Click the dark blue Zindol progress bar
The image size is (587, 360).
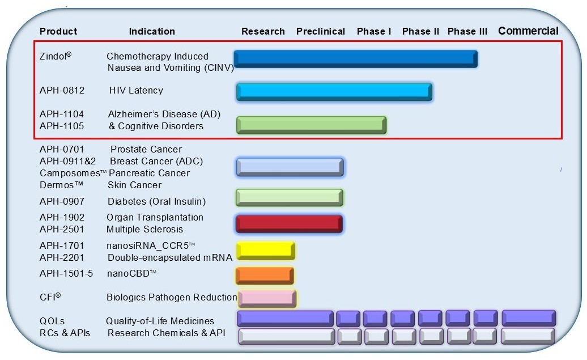(x=356, y=59)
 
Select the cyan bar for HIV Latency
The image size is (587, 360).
(x=334, y=92)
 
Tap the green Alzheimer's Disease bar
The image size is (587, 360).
(x=312, y=125)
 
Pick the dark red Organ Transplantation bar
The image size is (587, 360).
(x=290, y=224)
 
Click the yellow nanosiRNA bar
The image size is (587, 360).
(x=265, y=251)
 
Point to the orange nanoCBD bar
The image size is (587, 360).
(x=265, y=276)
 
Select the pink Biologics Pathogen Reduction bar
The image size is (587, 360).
(x=267, y=299)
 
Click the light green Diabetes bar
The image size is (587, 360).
(x=290, y=197)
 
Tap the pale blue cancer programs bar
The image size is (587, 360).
(x=290, y=167)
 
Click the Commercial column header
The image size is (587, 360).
(x=528, y=31)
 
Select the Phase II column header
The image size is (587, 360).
(x=420, y=31)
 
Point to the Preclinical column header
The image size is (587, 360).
(x=321, y=31)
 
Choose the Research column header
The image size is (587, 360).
(x=263, y=31)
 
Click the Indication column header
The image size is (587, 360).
(x=152, y=31)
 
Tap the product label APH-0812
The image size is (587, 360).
(x=62, y=90)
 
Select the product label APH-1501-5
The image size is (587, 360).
(x=66, y=273)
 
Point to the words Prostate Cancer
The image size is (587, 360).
(x=146, y=149)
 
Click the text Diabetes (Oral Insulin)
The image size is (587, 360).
(x=156, y=201)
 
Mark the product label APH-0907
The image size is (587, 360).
(x=62, y=201)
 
